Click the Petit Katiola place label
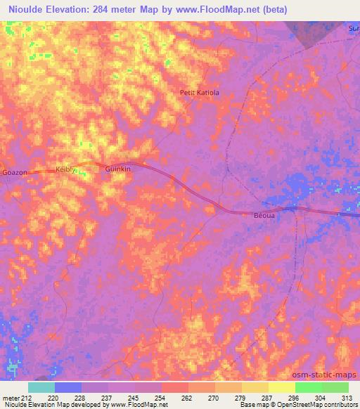pos(200,92)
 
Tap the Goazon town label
pos(15,171)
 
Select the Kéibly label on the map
pos(65,170)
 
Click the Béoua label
pos(262,217)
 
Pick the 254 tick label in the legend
pos(162,397)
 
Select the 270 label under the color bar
pos(216,397)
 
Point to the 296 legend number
pos(296,397)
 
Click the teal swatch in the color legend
pos(41,387)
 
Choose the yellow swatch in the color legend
pos(282,387)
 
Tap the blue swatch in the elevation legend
pos(68,387)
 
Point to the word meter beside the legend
pos(11,397)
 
